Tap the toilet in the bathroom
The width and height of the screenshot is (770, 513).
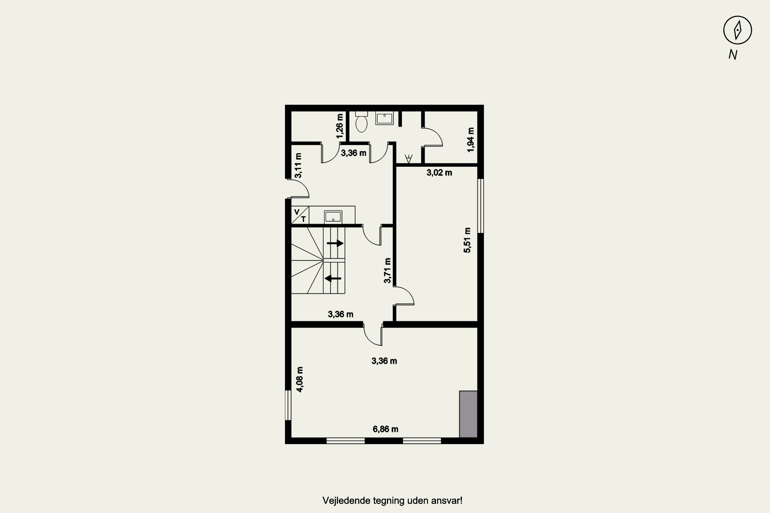coord(361,122)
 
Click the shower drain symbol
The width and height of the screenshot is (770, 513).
coord(409,159)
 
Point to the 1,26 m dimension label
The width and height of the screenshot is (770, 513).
coord(340,126)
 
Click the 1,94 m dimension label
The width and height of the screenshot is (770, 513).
coord(470,140)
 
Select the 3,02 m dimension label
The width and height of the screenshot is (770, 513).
coord(439,172)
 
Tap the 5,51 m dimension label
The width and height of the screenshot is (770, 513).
coord(467,240)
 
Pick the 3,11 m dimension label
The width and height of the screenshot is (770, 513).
coord(298,165)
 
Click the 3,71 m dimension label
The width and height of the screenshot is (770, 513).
coord(387,271)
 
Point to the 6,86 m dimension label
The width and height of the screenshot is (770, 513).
coord(386,429)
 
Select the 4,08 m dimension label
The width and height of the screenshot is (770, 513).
coord(300,379)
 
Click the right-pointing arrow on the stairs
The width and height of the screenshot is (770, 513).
coord(335,243)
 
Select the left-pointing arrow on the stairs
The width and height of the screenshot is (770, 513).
coord(333,278)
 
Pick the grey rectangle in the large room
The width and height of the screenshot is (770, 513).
coord(468,414)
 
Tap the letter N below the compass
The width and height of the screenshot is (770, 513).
coord(733,55)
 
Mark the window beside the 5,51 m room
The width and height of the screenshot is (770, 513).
coord(480,206)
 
